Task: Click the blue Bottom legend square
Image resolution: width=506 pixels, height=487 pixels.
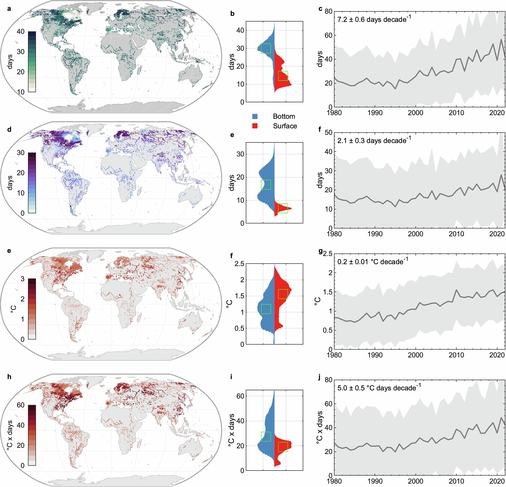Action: [255, 116]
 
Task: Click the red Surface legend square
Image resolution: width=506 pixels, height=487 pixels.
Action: [255, 126]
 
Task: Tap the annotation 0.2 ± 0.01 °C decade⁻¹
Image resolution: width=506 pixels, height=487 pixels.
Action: [373, 261]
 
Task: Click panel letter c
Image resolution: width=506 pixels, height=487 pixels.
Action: [320, 9]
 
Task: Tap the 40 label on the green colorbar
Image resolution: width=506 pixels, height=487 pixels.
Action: [21, 32]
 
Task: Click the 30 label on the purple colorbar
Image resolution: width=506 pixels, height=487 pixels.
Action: [21, 153]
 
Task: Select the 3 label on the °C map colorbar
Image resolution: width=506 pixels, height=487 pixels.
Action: [23, 279]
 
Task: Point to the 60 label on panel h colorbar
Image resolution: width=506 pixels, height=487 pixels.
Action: [21, 405]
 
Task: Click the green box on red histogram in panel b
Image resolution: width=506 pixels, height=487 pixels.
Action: [283, 76]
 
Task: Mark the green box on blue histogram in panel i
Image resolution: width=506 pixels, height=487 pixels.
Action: [266, 436]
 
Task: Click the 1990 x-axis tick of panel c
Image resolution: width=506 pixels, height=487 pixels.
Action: [375, 113]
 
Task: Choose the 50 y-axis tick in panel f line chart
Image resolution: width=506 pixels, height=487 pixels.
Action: [328, 132]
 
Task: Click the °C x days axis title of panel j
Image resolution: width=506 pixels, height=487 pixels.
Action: [320, 427]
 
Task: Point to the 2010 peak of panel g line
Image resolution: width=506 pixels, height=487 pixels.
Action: [457, 290]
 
